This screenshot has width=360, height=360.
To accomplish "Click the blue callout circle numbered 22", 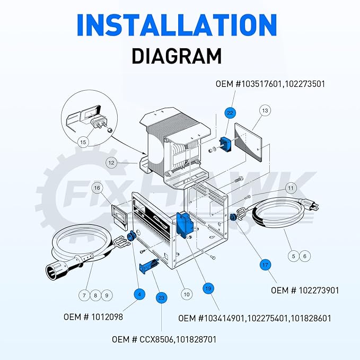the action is coord(230,113).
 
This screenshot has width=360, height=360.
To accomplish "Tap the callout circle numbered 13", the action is coord(265,111).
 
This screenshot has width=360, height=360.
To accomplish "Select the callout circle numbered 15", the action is coord(83,142).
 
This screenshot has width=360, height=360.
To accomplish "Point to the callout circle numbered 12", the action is coord(111,163).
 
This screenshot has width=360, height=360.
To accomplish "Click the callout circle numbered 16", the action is coord(97,188).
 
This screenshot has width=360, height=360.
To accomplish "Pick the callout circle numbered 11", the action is coord(291,188).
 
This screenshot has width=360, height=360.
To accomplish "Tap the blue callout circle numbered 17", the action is coord(265,265).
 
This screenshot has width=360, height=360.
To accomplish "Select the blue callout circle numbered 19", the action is coord(208,288).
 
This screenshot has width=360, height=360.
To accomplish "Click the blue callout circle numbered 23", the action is coord(161,298).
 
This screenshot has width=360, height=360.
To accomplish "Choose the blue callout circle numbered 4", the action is coord(140,294).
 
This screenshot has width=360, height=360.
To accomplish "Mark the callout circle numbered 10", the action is coord(187,294).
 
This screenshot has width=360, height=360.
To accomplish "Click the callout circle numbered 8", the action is coord(95,295).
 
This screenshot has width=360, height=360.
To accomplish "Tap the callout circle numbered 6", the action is coord(305,256).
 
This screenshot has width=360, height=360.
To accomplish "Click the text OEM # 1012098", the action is coord(93,317).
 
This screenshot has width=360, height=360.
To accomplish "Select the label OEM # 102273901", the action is coord(305,291).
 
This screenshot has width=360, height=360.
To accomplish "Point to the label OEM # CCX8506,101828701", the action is coord(164,339).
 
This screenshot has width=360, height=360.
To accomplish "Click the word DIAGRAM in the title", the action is coord(177,56).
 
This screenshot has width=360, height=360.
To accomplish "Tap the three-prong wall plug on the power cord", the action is coord(312,205).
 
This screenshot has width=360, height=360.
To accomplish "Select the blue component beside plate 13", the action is coord(225,144).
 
